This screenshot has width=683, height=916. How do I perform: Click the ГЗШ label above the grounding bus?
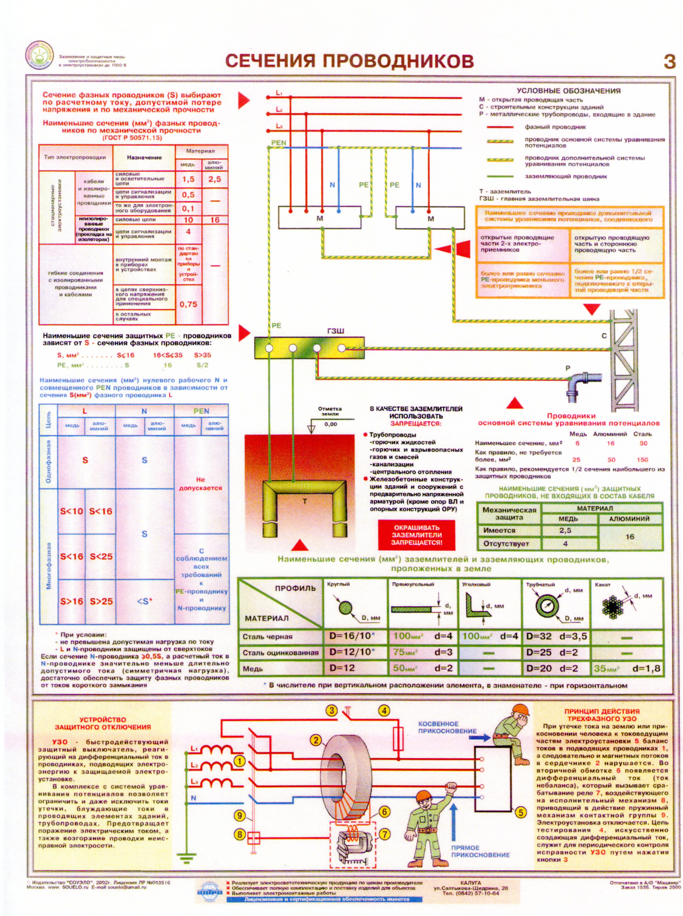pos(335,331)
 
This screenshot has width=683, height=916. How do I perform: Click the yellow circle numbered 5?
pos(520,812)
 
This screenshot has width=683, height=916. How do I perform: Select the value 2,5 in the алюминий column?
pos(215,179)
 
